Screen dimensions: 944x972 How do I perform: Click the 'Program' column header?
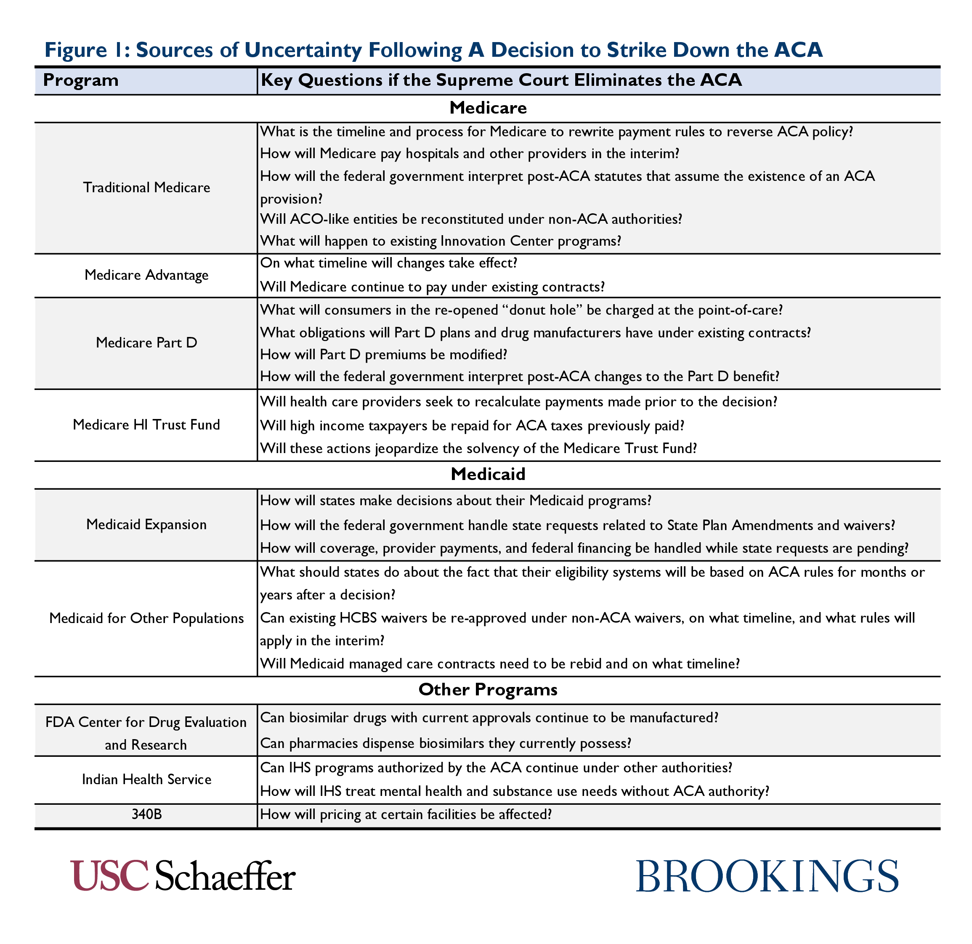(x=81, y=80)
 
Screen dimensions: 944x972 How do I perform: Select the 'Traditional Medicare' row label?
(x=146, y=188)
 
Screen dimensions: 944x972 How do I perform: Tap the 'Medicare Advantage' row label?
(x=146, y=275)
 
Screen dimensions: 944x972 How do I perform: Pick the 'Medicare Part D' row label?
(x=146, y=342)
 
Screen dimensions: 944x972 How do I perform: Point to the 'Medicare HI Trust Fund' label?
(x=146, y=425)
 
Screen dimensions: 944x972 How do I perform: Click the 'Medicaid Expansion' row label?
(x=146, y=525)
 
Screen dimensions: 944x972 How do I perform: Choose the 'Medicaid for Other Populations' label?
(x=146, y=618)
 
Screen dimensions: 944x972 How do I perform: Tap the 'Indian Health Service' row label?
(x=146, y=780)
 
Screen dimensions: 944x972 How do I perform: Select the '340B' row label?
(x=146, y=814)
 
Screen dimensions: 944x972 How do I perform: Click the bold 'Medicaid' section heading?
(x=488, y=475)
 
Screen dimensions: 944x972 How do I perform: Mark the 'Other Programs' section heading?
(x=488, y=689)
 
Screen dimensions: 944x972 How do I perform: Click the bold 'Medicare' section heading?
(x=488, y=108)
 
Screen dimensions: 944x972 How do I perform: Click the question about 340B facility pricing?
(x=406, y=814)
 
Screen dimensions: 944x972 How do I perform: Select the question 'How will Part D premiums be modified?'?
(x=384, y=355)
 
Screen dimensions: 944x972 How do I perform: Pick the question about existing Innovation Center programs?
(x=441, y=241)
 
